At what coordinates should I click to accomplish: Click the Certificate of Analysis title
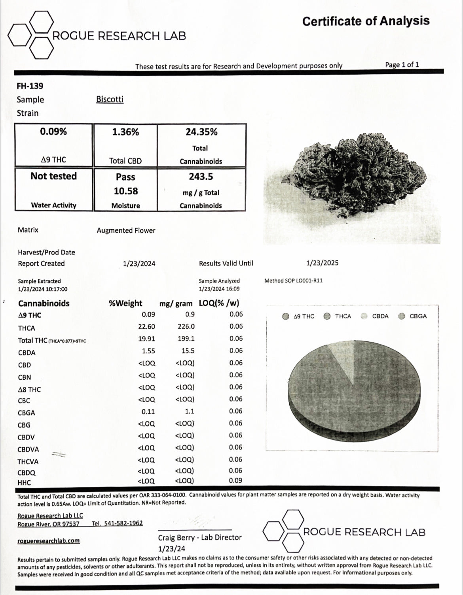(366, 21)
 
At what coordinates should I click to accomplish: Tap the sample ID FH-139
(30, 86)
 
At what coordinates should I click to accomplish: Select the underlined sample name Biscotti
(110, 99)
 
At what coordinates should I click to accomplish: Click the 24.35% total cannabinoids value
(201, 132)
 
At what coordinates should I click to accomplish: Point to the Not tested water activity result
(54, 176)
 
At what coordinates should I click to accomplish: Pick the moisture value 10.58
(126, 191)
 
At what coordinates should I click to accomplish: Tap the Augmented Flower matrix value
(126, 230)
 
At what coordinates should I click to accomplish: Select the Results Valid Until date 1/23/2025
(323, 263)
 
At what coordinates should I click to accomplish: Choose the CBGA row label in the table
(27, 413)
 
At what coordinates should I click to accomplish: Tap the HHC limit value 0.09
(236, 480)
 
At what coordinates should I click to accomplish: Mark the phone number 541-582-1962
(117, 523)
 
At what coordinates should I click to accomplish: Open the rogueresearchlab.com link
(49, 540)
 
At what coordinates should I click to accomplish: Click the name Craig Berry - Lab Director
(200, 537)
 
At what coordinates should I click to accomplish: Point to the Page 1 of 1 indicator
(402, 64)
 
